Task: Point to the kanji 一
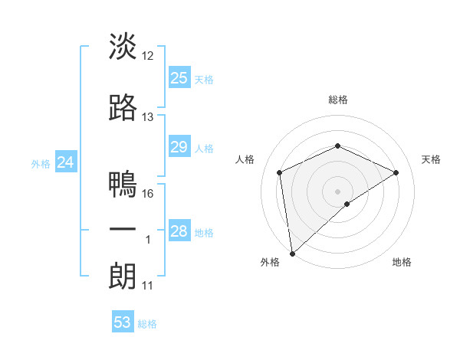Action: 123,230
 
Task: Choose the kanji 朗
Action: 123,277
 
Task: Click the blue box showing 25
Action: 179,77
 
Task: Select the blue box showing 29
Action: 179,147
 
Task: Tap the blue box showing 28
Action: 179,231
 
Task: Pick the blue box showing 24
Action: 65,162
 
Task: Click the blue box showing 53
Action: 123,322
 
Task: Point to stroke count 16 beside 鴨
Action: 149,194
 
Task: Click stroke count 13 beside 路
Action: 148,117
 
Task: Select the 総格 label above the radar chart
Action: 337,100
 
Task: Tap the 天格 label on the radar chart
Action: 432,159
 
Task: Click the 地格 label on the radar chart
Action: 402,262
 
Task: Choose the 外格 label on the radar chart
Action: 270,262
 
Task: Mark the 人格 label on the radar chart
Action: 245,159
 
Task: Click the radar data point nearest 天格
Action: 396,172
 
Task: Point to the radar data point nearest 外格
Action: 291,253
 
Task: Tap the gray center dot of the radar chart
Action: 337,191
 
